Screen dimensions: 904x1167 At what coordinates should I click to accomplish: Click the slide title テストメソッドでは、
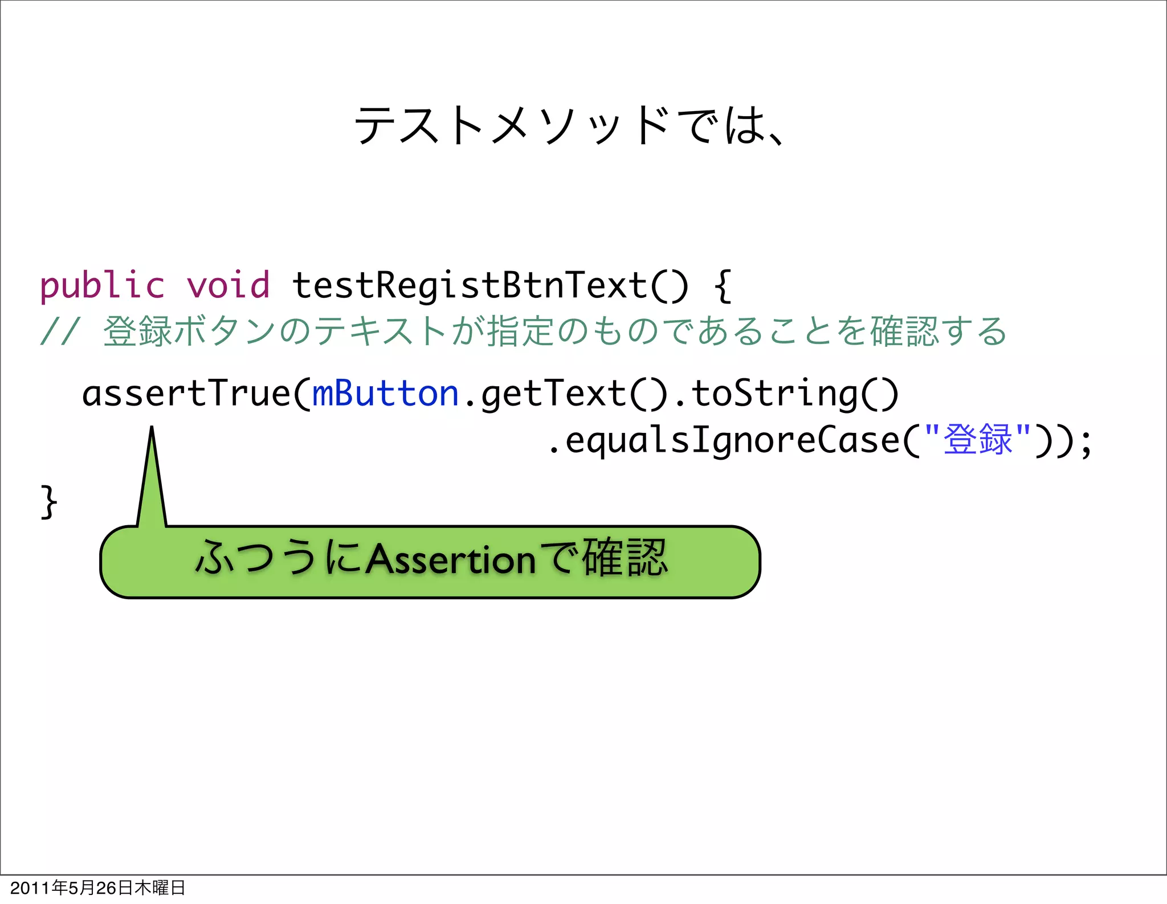pos(570,125)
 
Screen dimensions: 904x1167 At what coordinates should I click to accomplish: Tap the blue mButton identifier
pos(386,394)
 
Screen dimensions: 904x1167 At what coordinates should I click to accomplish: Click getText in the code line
pos(553,394)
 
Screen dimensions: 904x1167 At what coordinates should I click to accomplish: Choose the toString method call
pos(775,394)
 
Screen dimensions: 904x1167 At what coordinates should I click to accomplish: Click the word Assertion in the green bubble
pos(451,560)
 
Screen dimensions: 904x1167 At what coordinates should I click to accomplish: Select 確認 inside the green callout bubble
pos(625,558)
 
